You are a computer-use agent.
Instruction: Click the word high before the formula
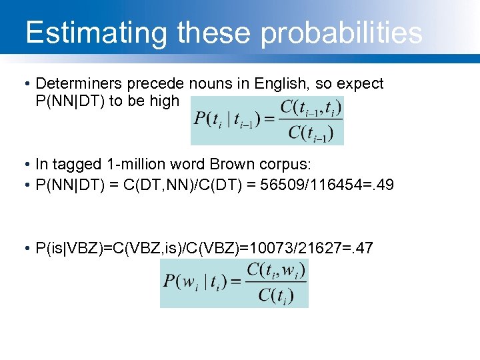166,101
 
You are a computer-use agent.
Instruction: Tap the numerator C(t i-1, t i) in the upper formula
310,107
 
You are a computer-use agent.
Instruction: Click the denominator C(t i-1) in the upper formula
310,133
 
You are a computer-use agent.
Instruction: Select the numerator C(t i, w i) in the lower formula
275,270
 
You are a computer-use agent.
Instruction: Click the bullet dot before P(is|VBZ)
25,249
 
